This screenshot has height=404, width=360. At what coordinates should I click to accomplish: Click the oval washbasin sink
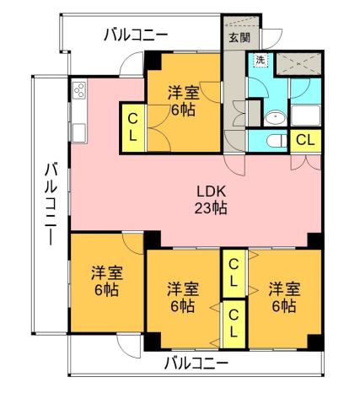271,116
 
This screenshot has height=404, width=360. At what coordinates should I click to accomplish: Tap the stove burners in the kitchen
79,90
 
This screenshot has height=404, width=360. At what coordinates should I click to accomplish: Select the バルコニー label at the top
135,35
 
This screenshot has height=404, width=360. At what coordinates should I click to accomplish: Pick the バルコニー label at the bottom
196,364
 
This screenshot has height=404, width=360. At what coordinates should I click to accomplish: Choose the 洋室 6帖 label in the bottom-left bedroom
106,280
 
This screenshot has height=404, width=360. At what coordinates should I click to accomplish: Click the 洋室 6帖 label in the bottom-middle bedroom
181,295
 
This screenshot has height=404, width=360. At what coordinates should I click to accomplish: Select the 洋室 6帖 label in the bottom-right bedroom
282,296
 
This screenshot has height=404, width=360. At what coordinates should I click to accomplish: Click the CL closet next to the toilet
307,140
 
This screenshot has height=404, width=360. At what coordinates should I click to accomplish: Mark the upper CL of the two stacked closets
234,273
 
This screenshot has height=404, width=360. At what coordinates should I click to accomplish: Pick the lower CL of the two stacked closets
234,323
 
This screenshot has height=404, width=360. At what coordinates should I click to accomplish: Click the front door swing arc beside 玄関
272,38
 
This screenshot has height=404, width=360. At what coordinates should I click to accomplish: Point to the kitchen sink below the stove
79,131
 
